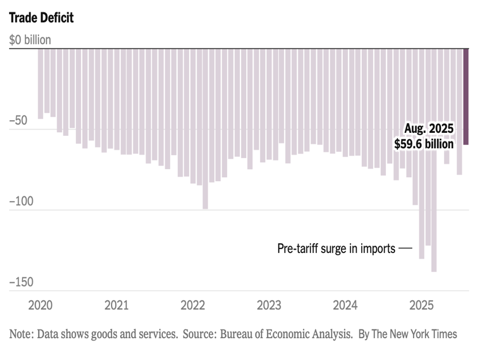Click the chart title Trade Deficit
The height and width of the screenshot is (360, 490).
(41, 18)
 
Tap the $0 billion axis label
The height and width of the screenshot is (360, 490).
(30, 40)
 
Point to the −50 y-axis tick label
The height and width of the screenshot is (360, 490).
(18, 121)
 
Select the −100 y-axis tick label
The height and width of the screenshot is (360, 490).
(21, 202)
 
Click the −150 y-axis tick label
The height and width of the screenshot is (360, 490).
(21, 282)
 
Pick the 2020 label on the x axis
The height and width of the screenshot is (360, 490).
(40, 305)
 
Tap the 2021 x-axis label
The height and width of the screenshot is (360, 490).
(117, 305)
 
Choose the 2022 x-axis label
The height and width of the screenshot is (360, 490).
(193, 305)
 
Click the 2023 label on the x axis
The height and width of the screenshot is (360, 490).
(269, 305)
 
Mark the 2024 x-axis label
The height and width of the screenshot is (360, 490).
(345, 305)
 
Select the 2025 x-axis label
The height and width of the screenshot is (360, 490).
(422, 305)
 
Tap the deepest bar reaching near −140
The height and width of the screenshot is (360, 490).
(434, 173)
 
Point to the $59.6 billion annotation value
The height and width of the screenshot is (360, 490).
(424, 144)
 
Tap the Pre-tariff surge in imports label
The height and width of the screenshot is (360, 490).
(336, 249)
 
